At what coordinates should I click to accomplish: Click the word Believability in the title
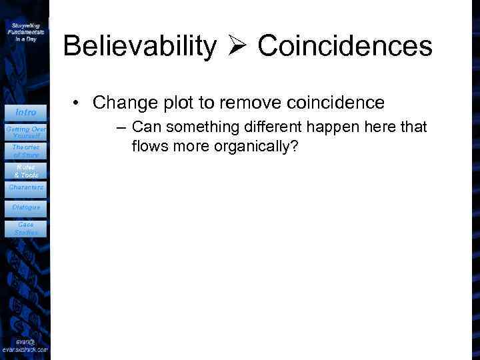[x=139, y=47]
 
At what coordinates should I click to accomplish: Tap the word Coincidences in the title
[x=345, y=47]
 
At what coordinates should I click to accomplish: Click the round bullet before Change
[x=79, y=103]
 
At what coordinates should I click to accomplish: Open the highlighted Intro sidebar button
[x=25, y=112]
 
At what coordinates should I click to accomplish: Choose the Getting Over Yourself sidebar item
[x=25, y=131]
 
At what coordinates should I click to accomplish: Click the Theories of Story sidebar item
[x=25, y=151]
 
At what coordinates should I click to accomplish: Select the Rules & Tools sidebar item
[x=25, y=171]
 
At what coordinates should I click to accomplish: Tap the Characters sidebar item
[x=25, y=188]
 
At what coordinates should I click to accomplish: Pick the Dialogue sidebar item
[x=25, y=207]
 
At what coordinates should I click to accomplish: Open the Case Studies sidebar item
[x=25, y=228]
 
